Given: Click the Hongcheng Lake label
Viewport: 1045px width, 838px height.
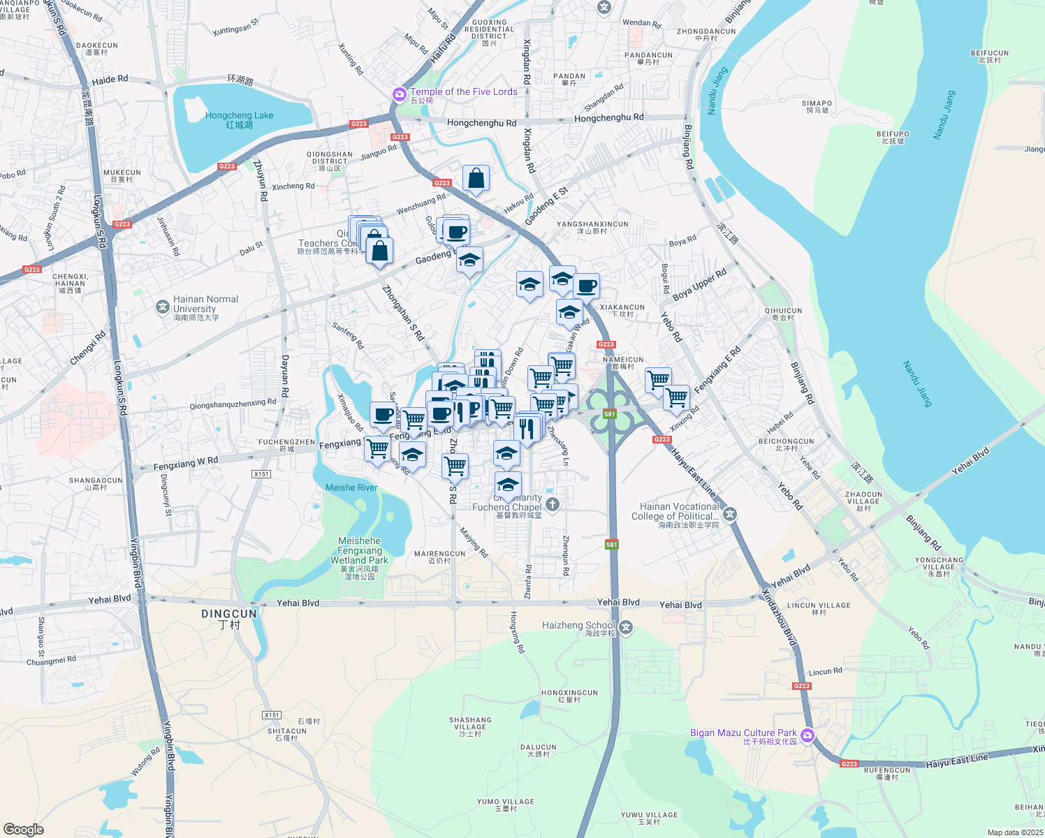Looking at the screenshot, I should tap(240, 119).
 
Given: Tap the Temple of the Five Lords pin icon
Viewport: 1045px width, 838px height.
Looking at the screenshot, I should tap(400, 94).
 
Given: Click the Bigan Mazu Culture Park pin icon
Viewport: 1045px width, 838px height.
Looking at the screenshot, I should tap(807, 735).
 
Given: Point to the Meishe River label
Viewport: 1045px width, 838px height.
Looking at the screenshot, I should tap(351, 487).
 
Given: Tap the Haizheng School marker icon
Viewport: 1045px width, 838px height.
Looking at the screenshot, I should tap(626, 627).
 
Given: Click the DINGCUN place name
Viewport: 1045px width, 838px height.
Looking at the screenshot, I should tap(229, 618).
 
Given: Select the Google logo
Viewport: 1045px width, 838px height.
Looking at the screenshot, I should tap(23, 830).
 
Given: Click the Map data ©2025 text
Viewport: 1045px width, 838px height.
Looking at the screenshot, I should tap(1015, 832).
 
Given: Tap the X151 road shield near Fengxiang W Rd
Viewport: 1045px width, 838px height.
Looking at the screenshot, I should tap(261, 474).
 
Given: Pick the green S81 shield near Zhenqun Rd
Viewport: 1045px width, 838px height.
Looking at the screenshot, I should tap(612, 545).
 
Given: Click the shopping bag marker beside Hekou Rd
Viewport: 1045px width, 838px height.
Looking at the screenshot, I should tap(476, 178).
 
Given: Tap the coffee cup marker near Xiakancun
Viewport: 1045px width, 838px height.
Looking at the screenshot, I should tap(587, 286).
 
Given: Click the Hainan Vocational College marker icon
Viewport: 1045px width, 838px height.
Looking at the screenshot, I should tap(730, 515).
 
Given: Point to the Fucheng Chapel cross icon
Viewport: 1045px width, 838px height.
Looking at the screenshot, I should tap(553, 504).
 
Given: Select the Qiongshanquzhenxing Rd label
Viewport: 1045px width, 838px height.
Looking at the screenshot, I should tap(233, 404).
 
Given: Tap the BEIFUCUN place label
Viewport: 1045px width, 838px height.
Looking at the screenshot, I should tap(990, 56).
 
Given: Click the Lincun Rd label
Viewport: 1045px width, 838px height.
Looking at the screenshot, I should tap(825, 672).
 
